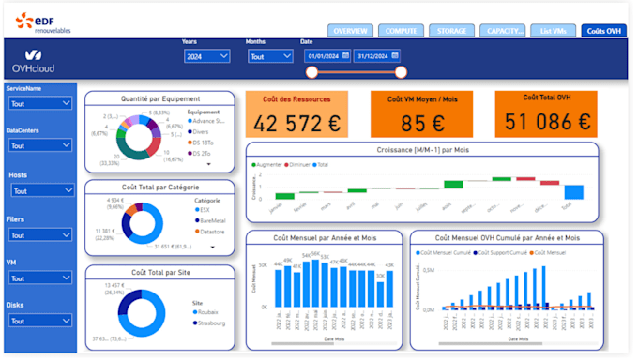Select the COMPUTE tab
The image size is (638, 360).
tap(402, 31)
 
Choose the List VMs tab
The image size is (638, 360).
tap(553, 31)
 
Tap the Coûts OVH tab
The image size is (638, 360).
tap(603, 31)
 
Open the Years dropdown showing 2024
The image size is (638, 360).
tap(206, 56)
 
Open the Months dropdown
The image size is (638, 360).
tap(270, 56)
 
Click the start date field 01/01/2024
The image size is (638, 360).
tap(326, 55)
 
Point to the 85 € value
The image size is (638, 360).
tap(421, 123)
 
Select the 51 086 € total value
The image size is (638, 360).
tap(546, 122)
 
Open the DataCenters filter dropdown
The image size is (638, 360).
tap(40, 145)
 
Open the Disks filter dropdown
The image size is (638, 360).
tap(40, 320)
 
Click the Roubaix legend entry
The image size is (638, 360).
tap(208, 312)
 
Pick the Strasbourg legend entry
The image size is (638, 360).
tap(212, 323)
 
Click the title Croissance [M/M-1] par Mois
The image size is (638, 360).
tap(422, 149)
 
